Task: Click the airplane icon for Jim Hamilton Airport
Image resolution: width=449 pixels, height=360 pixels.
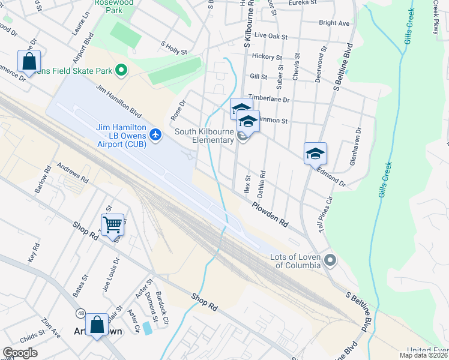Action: click(157, 134)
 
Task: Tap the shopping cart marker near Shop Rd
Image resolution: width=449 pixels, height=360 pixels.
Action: click(112, 225)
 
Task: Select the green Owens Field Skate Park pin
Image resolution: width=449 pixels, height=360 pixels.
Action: click(121, 71)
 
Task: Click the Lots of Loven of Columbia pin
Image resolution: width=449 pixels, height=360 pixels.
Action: click(330, 260)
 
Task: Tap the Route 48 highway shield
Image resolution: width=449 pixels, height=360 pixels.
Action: click(80, 313)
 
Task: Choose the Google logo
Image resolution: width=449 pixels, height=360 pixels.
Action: click(20, 353)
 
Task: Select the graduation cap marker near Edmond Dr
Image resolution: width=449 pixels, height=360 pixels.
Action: click(315, 154)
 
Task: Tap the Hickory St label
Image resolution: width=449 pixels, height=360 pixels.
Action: click(267, 57)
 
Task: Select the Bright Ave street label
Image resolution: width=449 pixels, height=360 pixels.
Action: click(334, 23)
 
